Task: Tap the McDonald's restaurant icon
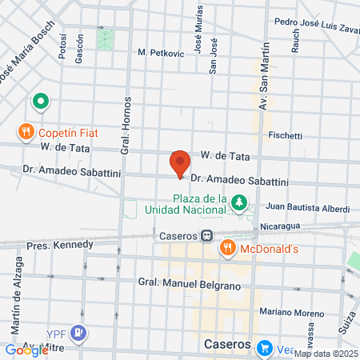click(x=227, y=249)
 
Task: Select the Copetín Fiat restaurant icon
click(x=26, y=130)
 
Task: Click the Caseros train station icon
click(x=206, y=237)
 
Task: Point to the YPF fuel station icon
click(x=78, y=332)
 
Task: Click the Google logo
click(x=26, y=350)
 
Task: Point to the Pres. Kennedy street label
click(x=60, y=244)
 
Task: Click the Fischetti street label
click(x=285, y=135)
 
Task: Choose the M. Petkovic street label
click(x=161, y=53)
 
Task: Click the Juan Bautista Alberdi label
click(x=308, y=208)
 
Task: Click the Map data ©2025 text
click(x=326, y=354)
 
